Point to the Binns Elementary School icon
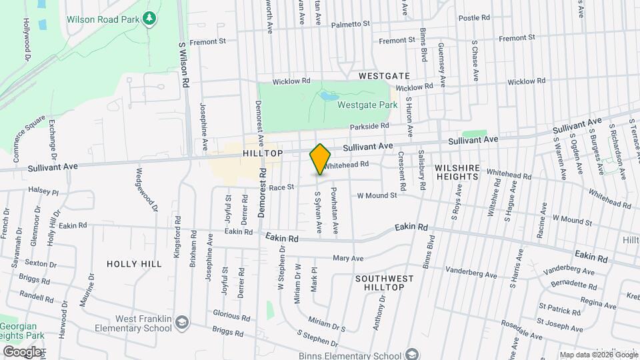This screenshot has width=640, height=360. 412,354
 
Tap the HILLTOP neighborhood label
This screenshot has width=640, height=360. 263,153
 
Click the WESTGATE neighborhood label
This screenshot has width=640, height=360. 383,76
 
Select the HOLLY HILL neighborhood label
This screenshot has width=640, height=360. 134,264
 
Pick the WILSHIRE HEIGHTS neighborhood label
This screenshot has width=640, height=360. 457,172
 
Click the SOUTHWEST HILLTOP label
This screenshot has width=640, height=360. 379,282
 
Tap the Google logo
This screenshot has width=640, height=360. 22,352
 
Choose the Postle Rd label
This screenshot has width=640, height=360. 474,17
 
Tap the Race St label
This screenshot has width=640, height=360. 281,187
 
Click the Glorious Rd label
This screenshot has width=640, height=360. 231,315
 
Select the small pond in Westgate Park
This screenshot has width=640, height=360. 328,97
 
